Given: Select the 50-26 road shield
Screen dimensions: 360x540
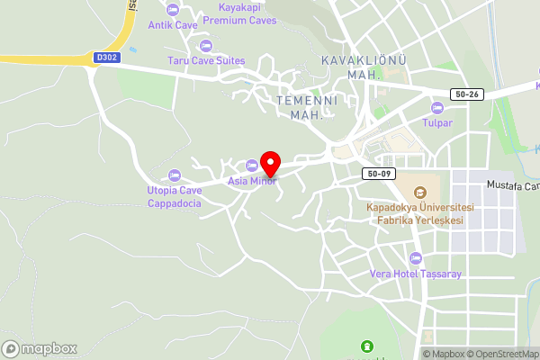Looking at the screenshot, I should (x=467, y=94).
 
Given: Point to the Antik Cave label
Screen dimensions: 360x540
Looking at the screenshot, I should (x=173, y=24).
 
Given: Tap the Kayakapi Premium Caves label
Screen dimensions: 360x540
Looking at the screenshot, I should (x=240, y=13).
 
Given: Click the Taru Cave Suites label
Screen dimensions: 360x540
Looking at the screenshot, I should (x=206, y=61).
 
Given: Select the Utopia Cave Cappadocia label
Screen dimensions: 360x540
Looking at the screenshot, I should (x=175, y=196).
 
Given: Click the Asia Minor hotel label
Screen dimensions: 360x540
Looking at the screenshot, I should (x=251, y=181).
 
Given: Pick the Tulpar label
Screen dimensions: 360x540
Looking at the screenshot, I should (x=437, y=123).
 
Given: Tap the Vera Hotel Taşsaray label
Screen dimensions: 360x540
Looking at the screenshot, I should (x=415, y=274).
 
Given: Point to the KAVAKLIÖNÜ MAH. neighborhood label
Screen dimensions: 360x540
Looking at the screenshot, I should (x=364, y=67).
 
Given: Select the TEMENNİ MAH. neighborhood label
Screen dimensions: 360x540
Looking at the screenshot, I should (x=307, y=107).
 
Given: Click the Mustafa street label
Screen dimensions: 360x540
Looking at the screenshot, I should (x=512, y=186).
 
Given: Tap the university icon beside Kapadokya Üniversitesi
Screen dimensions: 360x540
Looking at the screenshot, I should (x=419, y=192).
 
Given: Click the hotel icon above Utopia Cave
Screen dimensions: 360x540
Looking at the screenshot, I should (x=174, y=175).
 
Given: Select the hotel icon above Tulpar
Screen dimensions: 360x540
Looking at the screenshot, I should (x=437, y=108).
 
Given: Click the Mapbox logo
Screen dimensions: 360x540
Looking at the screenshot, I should (x=40, y=348).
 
